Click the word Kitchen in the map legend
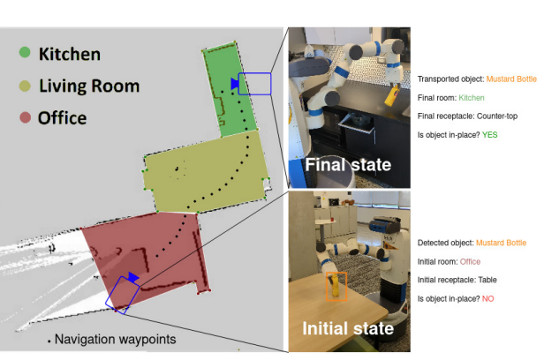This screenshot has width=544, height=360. click(69, 55)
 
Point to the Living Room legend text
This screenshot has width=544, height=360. click(88, 86)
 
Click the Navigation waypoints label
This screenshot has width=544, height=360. click(114, 339)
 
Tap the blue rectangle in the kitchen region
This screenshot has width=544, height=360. click(255, 83)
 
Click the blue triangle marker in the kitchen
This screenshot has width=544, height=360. click(234, 84)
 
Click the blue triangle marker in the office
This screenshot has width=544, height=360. click(132, 277)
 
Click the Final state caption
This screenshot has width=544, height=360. click(348, 164)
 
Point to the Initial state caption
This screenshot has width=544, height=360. click(348, 329)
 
